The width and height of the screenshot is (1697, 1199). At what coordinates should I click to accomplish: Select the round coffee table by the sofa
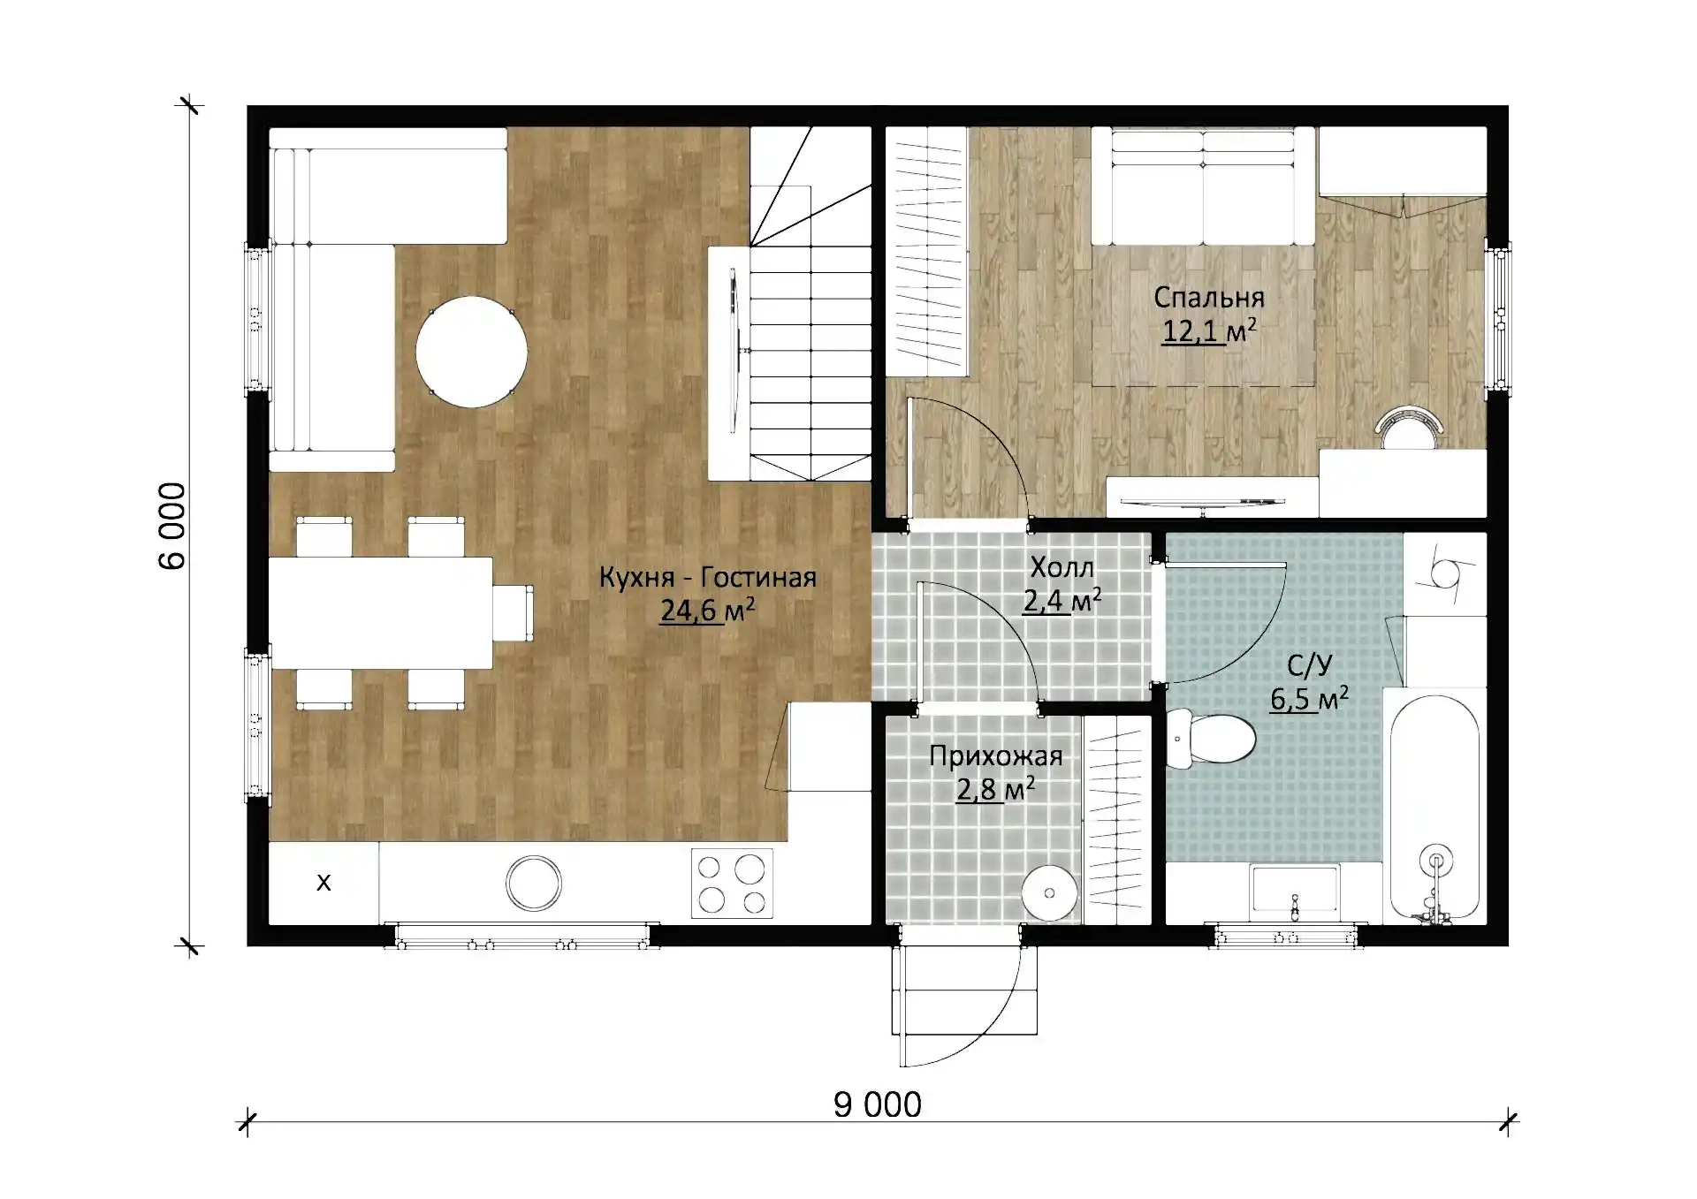click(472, 352)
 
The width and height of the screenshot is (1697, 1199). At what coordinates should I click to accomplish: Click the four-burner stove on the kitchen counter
click(732, 883)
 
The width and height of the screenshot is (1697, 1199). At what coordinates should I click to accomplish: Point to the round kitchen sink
click(534, 883)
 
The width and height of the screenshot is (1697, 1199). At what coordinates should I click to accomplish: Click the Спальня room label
click(1209, 297)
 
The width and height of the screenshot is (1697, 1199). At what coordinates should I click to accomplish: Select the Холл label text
click(1062, 567)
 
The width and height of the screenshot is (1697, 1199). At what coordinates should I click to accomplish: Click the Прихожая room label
click(996, 756)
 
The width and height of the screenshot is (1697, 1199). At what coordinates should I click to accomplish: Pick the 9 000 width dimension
click(878, 1104)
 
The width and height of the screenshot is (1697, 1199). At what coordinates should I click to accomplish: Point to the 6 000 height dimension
click(172, 526)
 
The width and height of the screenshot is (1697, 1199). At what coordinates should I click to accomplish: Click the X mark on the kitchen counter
click(323, 882)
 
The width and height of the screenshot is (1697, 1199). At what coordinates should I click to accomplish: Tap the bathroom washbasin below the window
click(1295, 889)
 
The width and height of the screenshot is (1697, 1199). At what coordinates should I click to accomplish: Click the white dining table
click(381, 612)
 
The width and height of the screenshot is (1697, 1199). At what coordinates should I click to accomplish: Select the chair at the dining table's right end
click(514, 612)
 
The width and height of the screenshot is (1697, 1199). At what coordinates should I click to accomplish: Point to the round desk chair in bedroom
click(1411, 428)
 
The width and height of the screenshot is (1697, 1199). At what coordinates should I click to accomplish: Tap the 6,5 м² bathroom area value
click(1309, 699)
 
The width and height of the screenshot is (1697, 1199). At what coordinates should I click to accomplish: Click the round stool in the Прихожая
click(1049, 892)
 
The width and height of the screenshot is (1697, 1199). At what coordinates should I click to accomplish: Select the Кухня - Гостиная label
click(708, 578)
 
